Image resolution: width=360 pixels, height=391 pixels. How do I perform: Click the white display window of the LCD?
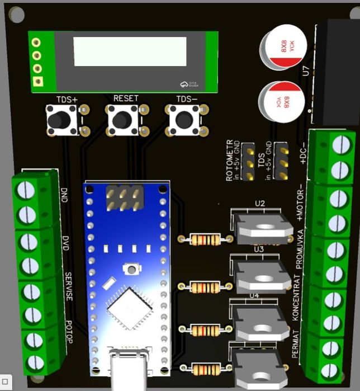point(130,52)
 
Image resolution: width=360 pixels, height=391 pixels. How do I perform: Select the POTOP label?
point(68,333)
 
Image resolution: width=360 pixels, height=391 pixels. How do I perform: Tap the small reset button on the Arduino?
point(131,270)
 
